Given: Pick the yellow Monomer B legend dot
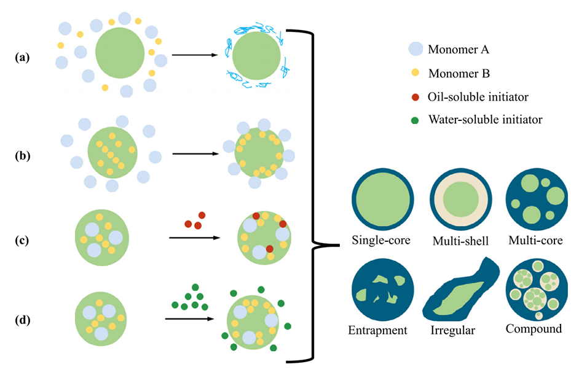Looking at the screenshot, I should coord(416,73).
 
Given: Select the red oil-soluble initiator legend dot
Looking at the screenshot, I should coord(416,96).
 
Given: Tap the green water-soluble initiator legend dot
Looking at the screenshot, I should coord(416,120).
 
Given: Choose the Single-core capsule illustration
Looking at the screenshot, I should coord(382,200).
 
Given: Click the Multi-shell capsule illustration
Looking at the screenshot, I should coord(460,200).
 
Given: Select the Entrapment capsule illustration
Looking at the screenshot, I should coord(382,290).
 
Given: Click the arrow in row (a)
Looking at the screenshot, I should coord(195,56).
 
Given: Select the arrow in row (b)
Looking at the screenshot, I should coord(195,153).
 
